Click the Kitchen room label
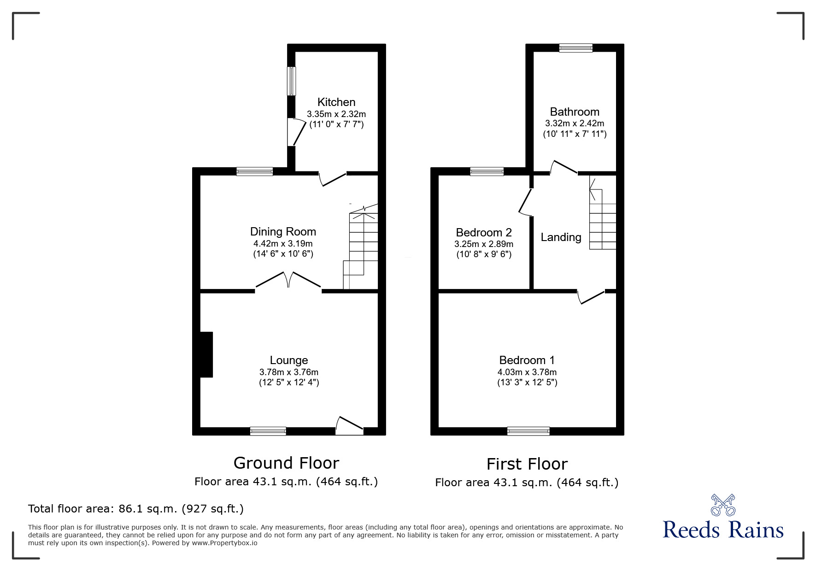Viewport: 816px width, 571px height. click(x=336, y=102)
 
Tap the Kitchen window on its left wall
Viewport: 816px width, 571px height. click(x=292, y=82)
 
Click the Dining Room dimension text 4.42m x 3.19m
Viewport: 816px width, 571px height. click(x=283, y=243)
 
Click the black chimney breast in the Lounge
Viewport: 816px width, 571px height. click(x=206, y=354)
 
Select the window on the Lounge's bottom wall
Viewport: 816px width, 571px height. click(x=268, y=431)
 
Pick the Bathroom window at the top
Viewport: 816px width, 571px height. click(x=575, y=47)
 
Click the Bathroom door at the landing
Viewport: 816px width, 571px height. click(x=564, y=168)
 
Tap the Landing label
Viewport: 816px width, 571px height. click(x=561, y=237)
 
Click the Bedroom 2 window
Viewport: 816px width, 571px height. click(x=487, y=171)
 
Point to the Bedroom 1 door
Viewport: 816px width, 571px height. click(x=591, y=297)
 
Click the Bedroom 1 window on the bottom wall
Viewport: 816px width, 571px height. click(x=528, y=431)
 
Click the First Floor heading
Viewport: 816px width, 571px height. click(x=527, y=464)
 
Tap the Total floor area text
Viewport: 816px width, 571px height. click(x=136, y=509)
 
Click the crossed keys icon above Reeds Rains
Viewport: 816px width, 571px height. click(x=723, y=505)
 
